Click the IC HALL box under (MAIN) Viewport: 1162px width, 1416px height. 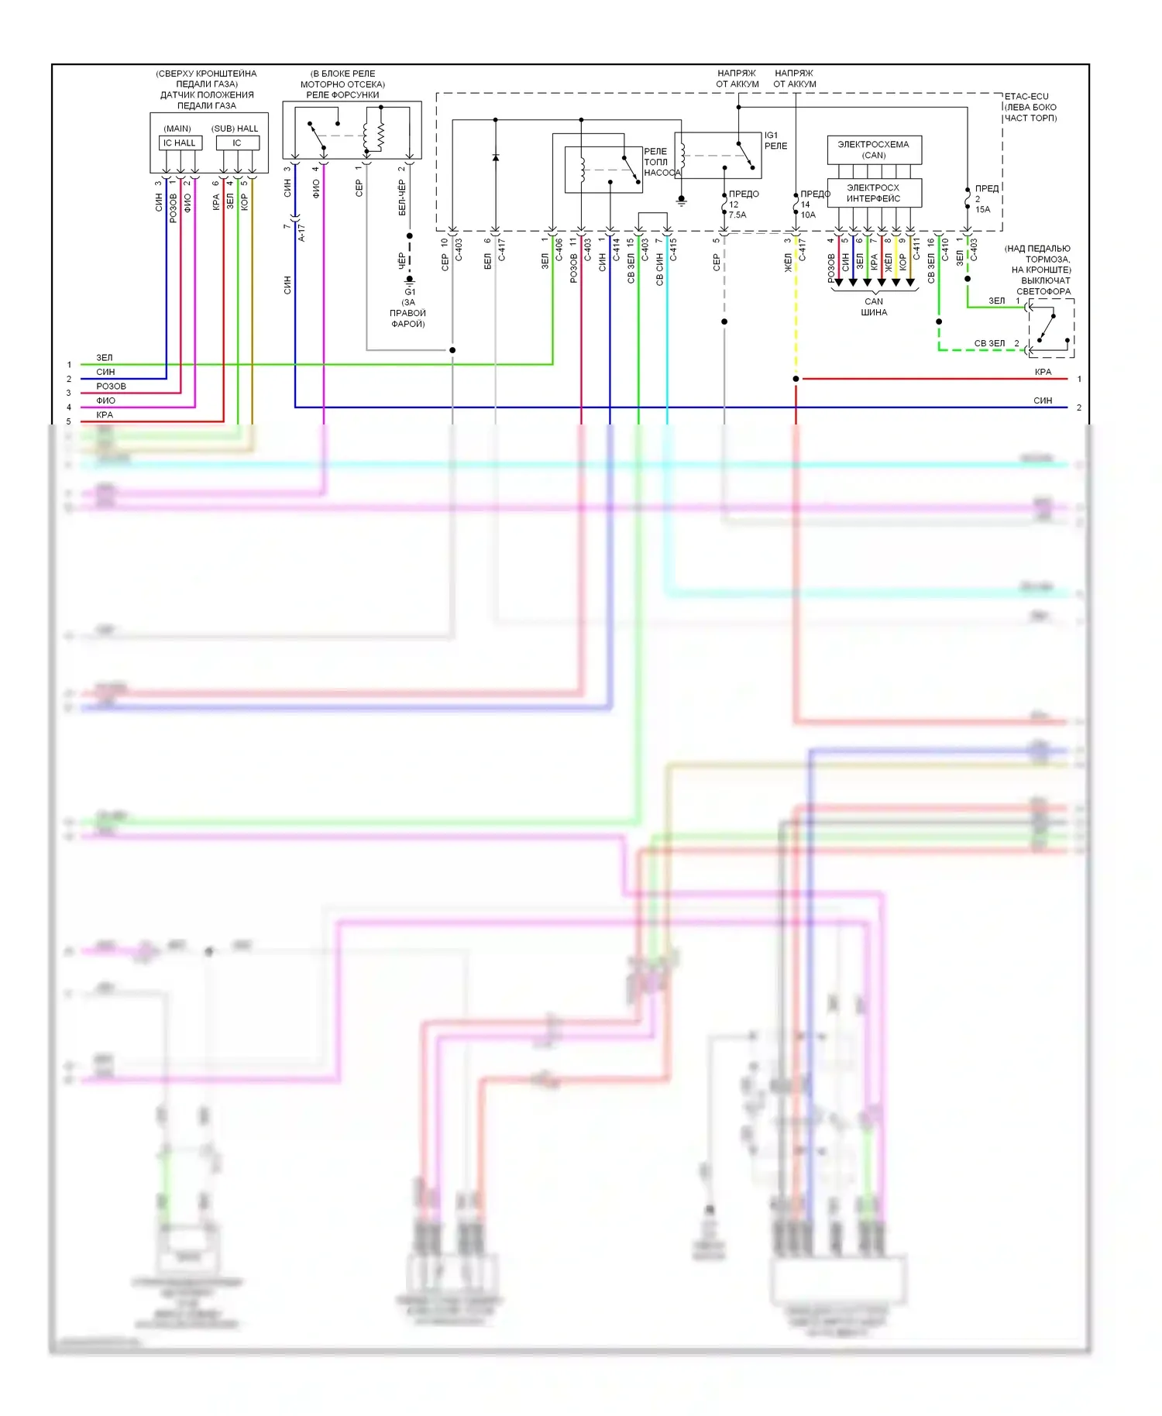pos(180,143)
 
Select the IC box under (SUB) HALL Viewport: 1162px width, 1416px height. pos(237,143)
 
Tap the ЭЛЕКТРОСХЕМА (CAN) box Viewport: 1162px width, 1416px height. pos(874,150)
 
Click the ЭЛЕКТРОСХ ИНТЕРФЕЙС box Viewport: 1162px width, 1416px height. pos(874,193)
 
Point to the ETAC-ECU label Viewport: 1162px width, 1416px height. pos(1026,97)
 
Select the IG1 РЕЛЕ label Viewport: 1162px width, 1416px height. pos(775,140)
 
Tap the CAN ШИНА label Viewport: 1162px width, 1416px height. pos(874,307)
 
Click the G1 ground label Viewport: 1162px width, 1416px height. pos(410,292)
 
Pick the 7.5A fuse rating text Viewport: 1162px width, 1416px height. pos(737,215)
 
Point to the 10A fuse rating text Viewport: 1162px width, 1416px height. pos(808,215)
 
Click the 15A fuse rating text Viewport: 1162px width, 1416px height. pos(982,210)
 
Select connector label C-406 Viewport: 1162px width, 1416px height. pos(559,249)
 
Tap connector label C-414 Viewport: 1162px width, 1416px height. pos(617,249)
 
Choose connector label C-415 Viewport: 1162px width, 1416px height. pos(674,249)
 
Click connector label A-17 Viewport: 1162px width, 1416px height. pos(302,232)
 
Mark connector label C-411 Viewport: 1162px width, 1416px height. pos(916,249)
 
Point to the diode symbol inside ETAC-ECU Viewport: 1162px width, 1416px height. pos(496,158)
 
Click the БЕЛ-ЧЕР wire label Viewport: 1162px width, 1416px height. pos(402,198)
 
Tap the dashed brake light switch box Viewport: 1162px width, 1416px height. pos(1051,328)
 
